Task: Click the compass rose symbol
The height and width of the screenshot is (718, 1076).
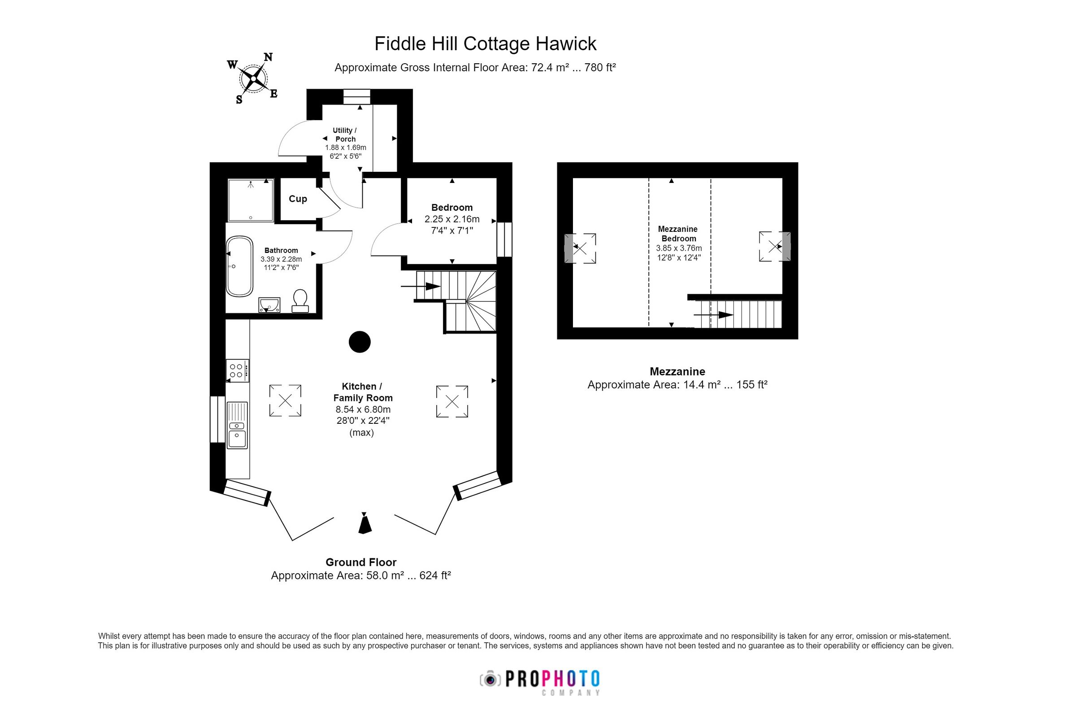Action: (253, 79)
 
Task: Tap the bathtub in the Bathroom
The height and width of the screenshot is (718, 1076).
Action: (239, 266)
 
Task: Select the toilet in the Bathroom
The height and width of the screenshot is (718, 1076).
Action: (300, 300)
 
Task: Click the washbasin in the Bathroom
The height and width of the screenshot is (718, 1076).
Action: (269, 305)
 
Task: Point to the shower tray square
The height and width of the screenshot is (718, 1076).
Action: (250, 200)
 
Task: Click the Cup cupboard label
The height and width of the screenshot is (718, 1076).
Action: (298, 199)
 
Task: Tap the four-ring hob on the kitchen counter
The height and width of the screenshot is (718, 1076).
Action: (237, 370)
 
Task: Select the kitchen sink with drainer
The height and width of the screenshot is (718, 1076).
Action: (237, 425)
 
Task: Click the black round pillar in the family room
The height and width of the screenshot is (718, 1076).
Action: (359, 342)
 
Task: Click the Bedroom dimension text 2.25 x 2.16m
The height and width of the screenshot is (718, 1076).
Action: (452, 219)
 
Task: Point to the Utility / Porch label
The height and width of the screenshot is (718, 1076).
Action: (345, 135)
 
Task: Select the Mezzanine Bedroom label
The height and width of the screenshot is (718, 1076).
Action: (678, 234)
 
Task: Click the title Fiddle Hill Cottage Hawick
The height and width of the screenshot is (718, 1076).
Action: (485, 44)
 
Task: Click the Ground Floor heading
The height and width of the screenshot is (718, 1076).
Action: (360, 562)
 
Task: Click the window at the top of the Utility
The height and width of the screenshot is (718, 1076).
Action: (356, 96)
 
